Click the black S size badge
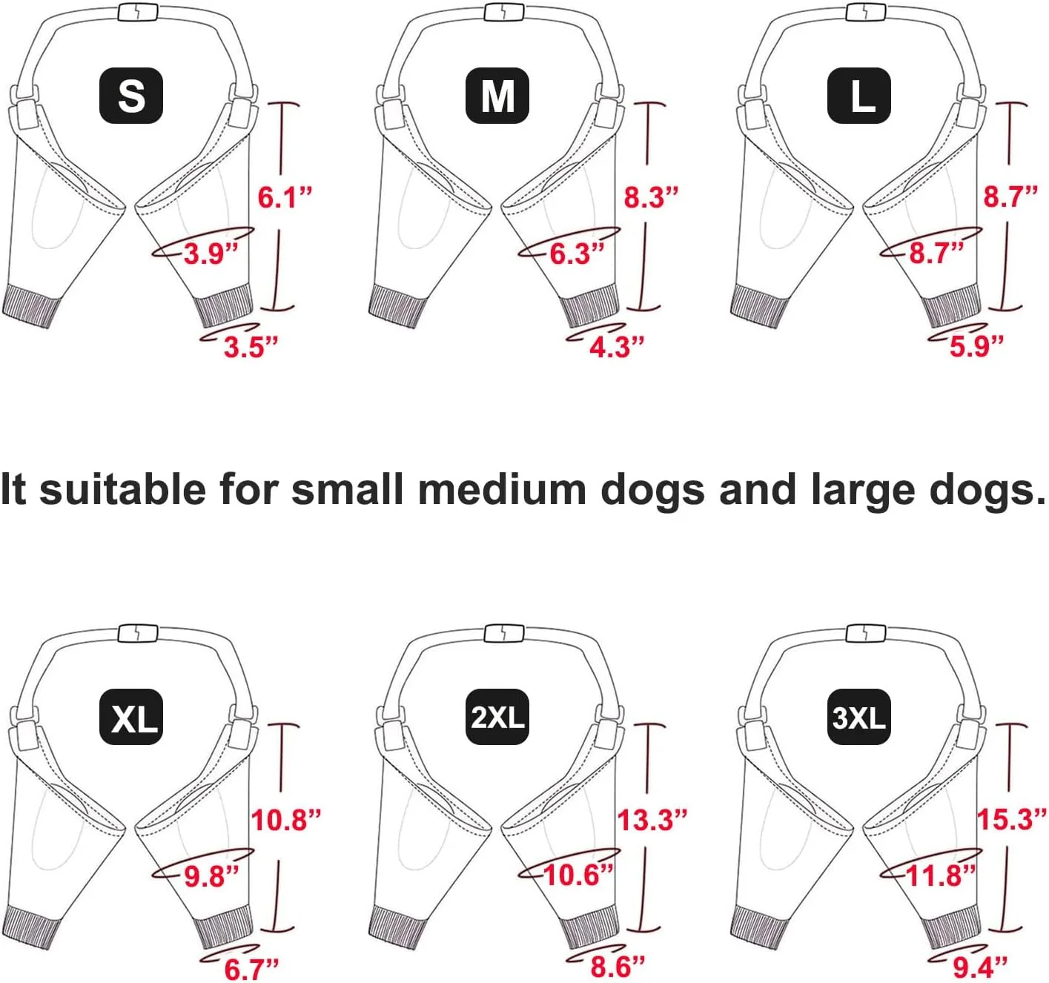point(131,96)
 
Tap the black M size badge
point(497,96)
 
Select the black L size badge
point(859,96)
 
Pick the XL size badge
point(131,717)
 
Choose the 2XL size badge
point(497,717)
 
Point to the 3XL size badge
point(859,717)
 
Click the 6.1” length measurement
point(285,197)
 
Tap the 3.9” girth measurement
point(211,254)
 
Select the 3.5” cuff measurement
point(251,347)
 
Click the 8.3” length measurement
point(651,197)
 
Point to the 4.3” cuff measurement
point(617,347)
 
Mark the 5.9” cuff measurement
point(976,346)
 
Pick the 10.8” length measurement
point(286,820)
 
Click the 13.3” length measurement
point(652,820)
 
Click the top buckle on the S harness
point(138,12)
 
